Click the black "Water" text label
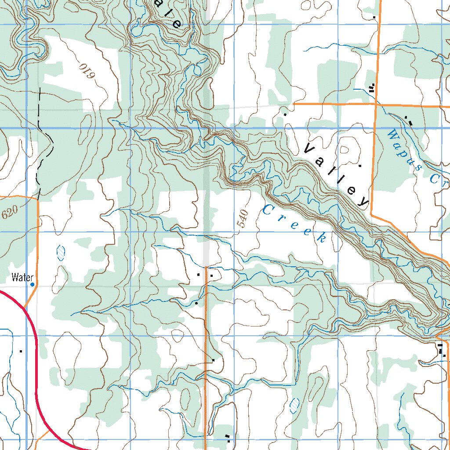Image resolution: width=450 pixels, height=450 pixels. [22, 277]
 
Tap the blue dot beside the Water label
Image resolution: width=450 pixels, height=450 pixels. [33, 285]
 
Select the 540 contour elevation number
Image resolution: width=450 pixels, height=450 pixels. [243, 219]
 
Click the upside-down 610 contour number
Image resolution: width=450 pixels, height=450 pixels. [87, 71]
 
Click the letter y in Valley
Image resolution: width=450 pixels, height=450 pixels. [363, 201]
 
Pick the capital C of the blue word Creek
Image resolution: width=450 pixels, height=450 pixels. [267, 210]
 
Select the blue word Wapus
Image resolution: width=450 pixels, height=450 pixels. [403, 149]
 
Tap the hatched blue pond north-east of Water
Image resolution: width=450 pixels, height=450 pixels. [61, 253]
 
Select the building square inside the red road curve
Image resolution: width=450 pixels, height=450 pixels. [21, 351]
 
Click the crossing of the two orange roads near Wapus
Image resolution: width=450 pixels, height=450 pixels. [376, 104]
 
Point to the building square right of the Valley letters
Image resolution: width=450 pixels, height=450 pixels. [360, 166]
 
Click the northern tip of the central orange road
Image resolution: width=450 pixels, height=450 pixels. [206, 266]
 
